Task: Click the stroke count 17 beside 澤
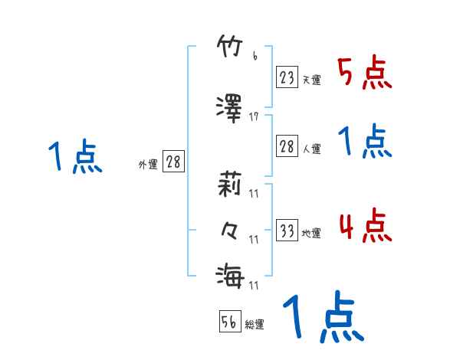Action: click(255, 116)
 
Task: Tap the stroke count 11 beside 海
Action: click(255, 285)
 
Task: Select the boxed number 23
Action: click(287, 77)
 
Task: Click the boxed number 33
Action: click(287, 231)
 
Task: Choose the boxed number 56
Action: click(229, 322)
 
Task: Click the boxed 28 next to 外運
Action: click(172, 162)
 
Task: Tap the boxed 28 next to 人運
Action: click(287, 147)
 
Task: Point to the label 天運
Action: click(311, 80)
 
